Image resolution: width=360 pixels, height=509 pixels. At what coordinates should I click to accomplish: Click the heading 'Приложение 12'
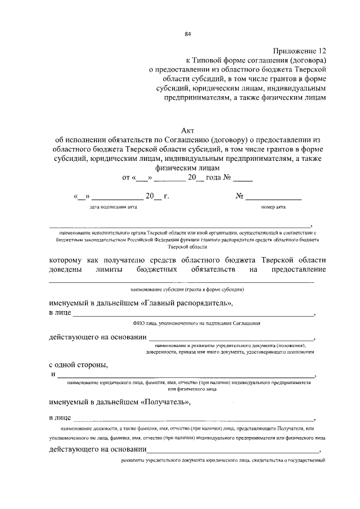pyautogui.click(x=298, y=51)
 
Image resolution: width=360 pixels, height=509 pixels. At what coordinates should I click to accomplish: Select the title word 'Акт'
pyautogui.click(x=188, y=130)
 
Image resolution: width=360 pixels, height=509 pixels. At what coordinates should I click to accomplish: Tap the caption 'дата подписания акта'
pyautogui.click(x=112, y=207)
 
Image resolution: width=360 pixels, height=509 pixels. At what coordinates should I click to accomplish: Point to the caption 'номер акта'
pyautogui.click(x=273, y=207)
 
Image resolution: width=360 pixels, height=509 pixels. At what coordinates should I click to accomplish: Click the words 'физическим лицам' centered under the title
pyautogui.click(x=188, y=168)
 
